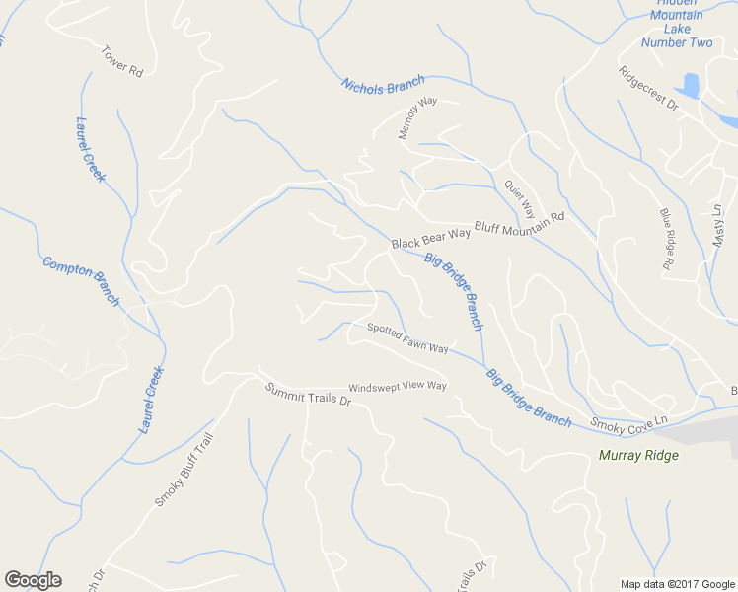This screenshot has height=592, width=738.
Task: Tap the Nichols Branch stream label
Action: [383, 86]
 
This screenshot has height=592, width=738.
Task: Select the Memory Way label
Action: [416, 117]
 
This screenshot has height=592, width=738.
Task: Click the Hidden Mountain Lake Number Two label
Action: [677, 29]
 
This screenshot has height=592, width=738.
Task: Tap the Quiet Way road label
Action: [519, 197]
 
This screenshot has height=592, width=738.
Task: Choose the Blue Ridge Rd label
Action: [666, 239]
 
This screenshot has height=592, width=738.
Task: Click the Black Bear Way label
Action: [430, 238]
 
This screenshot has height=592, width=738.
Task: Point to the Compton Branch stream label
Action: [80, 281]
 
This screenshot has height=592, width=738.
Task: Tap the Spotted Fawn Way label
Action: [407, 338]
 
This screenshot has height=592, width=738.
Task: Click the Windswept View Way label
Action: [398, 387]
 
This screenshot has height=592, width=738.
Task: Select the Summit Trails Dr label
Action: [308, 395]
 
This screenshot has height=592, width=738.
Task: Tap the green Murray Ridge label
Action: [638, 455]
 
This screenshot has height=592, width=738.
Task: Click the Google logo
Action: [33, 579]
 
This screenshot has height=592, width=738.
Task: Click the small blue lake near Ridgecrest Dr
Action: [689, 86]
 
